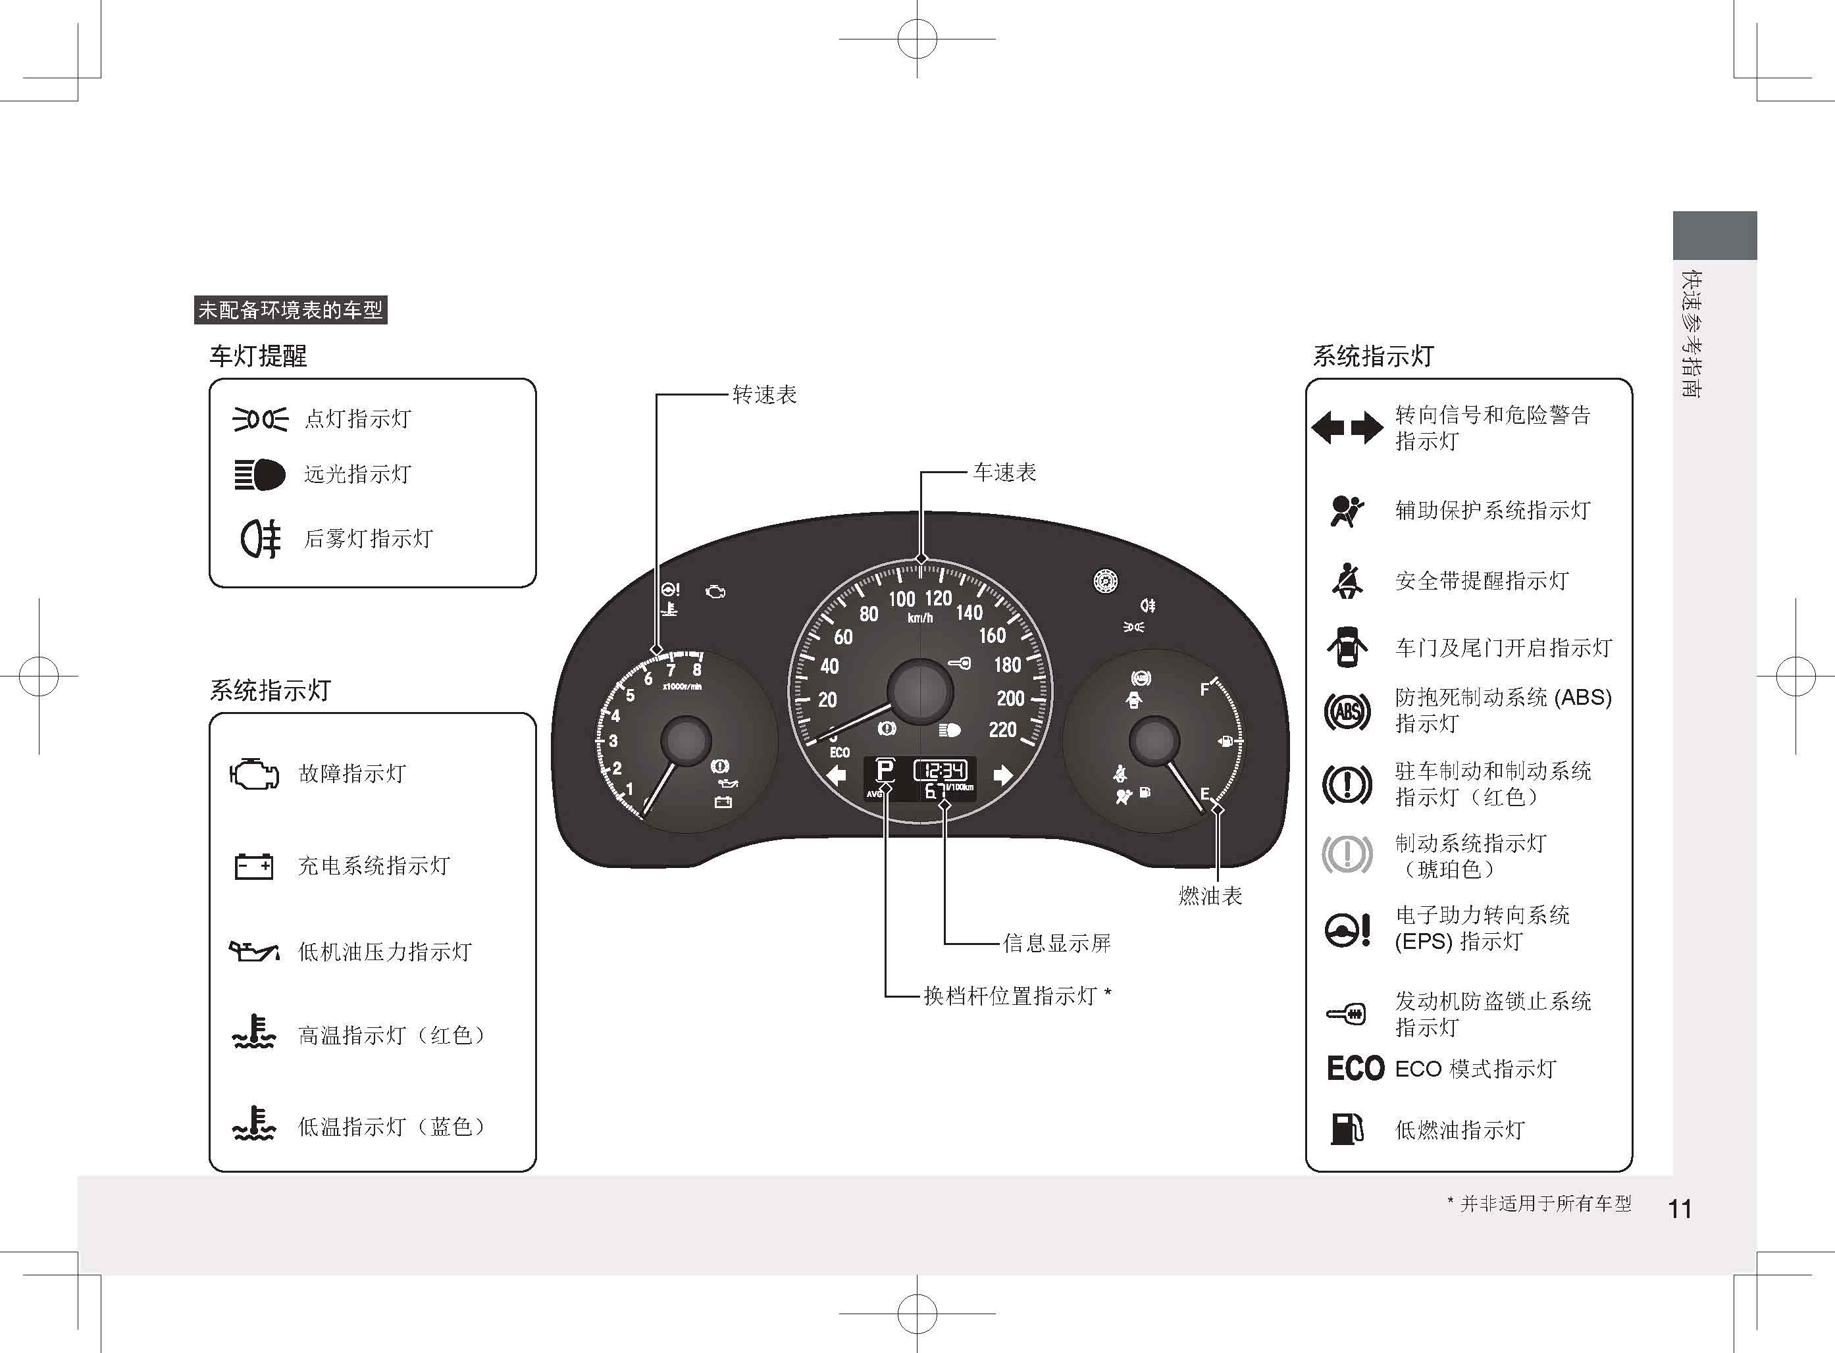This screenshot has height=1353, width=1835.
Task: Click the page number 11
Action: [1680, 1209]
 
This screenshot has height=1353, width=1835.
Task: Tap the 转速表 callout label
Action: [763, 395]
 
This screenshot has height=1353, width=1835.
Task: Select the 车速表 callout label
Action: [1004, 472]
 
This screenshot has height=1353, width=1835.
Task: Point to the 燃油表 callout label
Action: [1210, 896]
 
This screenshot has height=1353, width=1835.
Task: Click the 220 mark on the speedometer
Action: [1002, 730]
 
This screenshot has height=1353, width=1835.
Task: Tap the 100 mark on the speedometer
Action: [902, 600]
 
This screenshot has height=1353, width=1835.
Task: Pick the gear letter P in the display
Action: [885, 770]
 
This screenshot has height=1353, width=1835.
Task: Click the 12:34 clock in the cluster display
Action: [941, 770]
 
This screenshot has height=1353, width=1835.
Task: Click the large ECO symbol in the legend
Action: [1356, 1068]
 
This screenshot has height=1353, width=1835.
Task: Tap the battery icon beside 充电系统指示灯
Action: [253, 865]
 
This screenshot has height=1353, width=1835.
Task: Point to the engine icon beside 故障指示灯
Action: [254, 774]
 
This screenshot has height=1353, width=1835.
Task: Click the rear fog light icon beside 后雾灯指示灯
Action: [261, 538]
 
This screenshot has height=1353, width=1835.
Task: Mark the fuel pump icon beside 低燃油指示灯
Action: [1347, 1129]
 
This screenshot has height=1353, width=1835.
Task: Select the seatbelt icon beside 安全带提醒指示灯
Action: [1347, 580]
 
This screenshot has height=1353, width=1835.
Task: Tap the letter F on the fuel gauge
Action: [1204, 690]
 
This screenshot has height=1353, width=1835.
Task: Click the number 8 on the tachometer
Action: [696, 670]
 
